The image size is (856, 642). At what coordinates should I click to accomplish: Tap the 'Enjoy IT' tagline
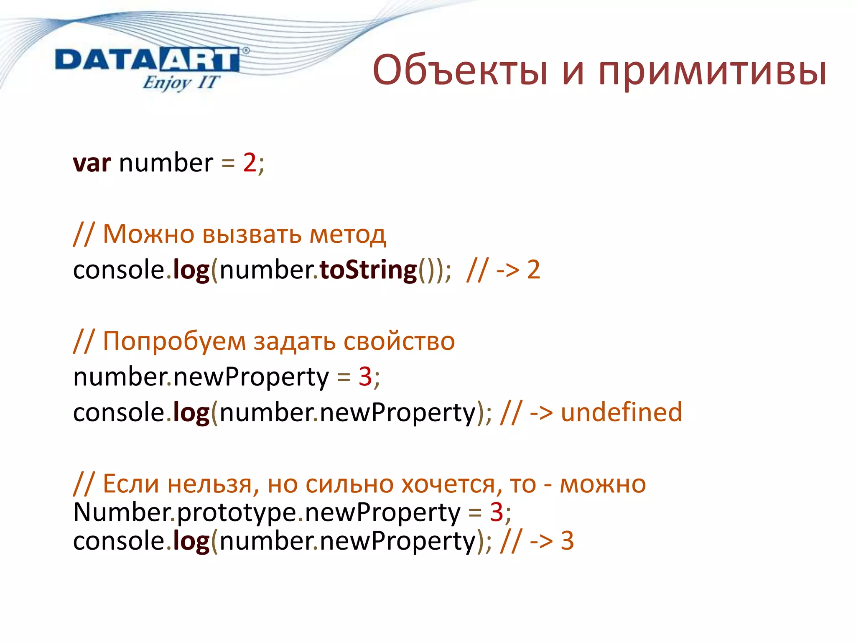[181, 82]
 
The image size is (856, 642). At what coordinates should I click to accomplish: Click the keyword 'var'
[92, 163]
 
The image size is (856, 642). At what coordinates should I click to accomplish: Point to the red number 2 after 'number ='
[250, 163]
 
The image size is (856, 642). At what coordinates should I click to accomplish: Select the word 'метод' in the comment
[347, 234]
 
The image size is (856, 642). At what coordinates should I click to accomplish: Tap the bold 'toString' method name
[368, 270]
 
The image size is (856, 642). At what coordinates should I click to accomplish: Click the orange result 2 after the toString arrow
[534, 270]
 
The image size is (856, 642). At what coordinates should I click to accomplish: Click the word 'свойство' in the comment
[399, 341]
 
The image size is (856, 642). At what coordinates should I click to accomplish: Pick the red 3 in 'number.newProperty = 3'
[365, 377]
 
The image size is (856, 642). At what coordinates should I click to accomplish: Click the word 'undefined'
[621, 412]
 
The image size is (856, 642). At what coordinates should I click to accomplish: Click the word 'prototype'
[237, 513]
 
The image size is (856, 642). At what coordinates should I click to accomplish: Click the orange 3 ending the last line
[567, 541]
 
